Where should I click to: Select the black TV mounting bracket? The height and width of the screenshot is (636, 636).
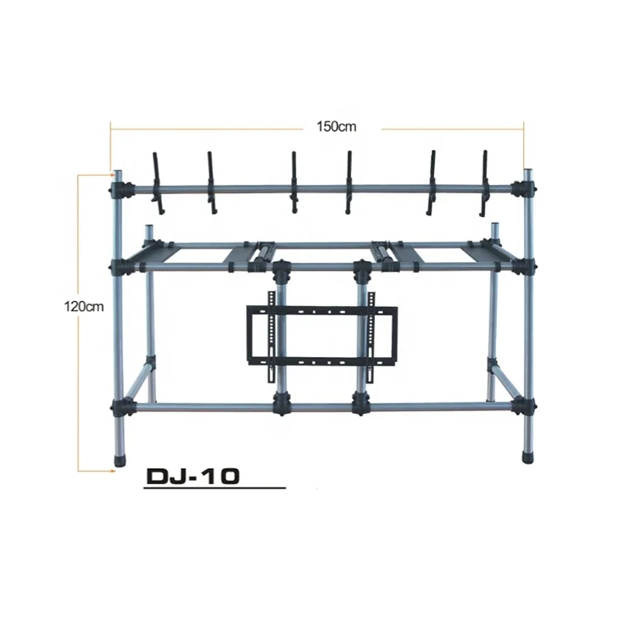click(321, 334)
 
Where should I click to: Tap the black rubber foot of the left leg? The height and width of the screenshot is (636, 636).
click(118, 462)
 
